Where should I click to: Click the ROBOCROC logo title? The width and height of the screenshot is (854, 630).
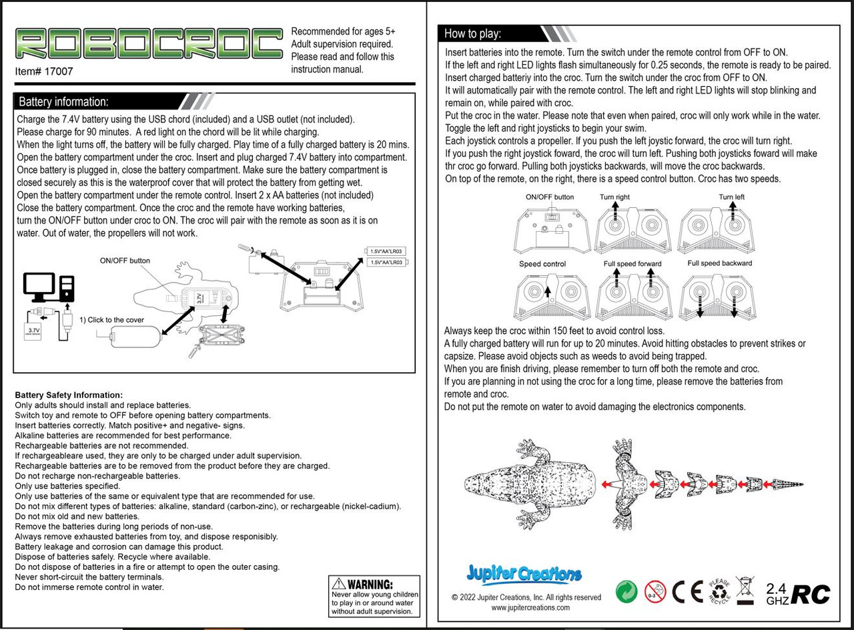(149, 43)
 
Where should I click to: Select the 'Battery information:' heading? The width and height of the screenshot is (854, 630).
(63, 102)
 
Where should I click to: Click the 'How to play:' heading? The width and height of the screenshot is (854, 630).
(472, 33)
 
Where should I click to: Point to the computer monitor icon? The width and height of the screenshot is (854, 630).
(39, 287)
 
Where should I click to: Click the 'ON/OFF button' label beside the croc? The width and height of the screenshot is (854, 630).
(125, 261)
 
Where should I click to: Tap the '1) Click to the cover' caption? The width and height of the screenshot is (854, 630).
(111, 320)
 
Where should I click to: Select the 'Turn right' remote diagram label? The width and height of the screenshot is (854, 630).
(614, 197)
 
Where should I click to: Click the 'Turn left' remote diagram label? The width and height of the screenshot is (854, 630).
(732, 197)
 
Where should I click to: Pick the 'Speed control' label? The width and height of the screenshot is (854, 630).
(542, 264)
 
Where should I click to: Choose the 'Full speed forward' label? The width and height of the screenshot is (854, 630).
(632, 264)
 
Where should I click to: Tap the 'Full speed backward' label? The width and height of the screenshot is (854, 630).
(720, 263)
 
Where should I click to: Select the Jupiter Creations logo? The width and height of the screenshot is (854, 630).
(524, 574)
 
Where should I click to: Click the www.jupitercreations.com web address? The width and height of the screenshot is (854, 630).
(530, 607)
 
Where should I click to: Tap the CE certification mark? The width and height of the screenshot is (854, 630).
(687, 592)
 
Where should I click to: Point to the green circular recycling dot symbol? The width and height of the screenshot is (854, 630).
(626, 592)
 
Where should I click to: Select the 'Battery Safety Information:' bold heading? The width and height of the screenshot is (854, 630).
(69, 396)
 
